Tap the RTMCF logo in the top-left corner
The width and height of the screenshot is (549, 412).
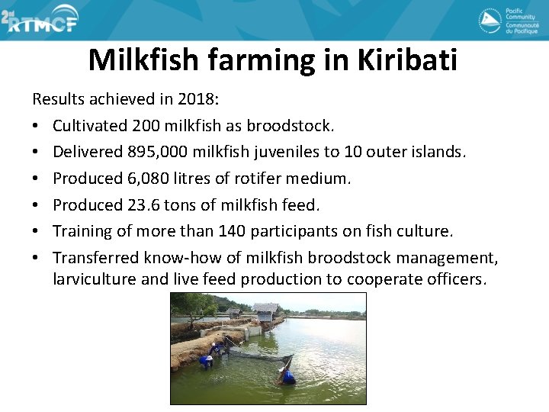(x=40, y=21)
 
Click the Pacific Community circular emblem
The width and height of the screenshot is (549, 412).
(x=490, y=21)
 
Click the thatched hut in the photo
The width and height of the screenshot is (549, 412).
(x=265, y=311)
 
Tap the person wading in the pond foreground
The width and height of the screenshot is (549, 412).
(x=287, y=375)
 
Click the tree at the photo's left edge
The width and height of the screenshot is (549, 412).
(x=186, y=306)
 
